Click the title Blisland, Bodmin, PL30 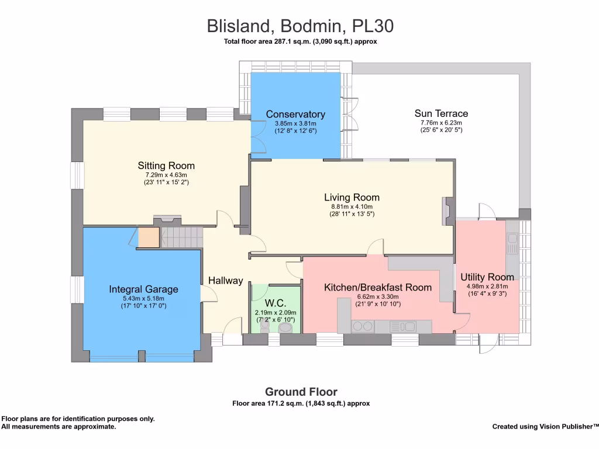pos(300,26)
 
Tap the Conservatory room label pos(295,114)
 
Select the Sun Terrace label pos(441,113)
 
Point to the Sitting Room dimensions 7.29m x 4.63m pos(166,175)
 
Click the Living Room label pos(352,198)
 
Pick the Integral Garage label pos(144,289)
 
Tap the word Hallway pos(225,281)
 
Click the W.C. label pos(276,303)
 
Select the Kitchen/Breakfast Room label pos(378,288)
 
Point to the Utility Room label pos(487,277)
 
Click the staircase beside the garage pos(181,237)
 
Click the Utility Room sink pos(512,244)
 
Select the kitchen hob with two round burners pos(363,326)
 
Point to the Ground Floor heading pos(301,392)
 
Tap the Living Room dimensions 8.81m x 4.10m pos(352,206)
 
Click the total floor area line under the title pos(300,42)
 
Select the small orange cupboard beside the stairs pos(149,237)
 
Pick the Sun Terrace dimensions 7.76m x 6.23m pos(441,123)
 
